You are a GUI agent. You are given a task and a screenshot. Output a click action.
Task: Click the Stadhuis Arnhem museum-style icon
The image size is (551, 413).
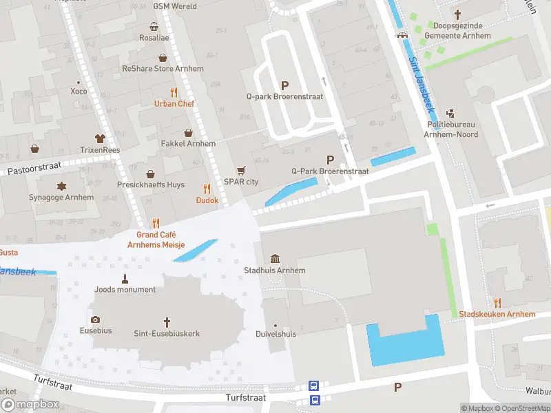click(x=275, y=259)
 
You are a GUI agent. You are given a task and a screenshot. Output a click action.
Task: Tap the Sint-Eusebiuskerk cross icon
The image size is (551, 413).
click(x=167, y=321)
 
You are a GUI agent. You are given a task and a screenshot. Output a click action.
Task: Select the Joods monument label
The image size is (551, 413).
click(x=125, y=290)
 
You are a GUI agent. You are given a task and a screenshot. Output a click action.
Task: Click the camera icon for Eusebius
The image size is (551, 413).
click(x=95, y=319)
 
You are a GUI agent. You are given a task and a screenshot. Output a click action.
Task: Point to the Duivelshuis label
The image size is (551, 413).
click(x=275, y=334)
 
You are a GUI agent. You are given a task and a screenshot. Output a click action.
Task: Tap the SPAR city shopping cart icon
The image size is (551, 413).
click(x=241, y=170)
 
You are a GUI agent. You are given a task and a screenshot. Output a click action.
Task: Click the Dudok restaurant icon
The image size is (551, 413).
click(x=207, y=189)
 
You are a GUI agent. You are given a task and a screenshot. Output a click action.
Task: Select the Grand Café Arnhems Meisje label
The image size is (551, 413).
click(x=156, y=239)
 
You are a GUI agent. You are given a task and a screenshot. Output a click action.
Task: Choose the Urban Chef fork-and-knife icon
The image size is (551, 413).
click(x=174, y=92)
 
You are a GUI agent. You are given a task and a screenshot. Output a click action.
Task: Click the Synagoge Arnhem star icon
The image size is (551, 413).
click(x=63, y=186)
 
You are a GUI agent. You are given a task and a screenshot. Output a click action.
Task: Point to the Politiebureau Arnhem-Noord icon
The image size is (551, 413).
click(x=451, y=113)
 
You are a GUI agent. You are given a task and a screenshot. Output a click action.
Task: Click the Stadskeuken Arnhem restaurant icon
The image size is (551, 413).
click(x=497, y=303)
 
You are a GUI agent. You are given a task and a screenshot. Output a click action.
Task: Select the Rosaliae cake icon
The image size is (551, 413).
click(x=154, y=27)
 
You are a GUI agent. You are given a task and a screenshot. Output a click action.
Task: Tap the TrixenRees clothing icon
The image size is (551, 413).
click(x=100, y=138)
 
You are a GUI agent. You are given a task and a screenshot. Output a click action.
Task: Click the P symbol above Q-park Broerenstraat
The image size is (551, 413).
click(x=284, y=85)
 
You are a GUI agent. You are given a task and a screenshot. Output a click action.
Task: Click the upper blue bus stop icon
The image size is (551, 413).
click(x=314, y=386)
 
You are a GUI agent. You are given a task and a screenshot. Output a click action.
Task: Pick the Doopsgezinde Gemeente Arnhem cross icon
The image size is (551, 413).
click(x=458, y=14)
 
